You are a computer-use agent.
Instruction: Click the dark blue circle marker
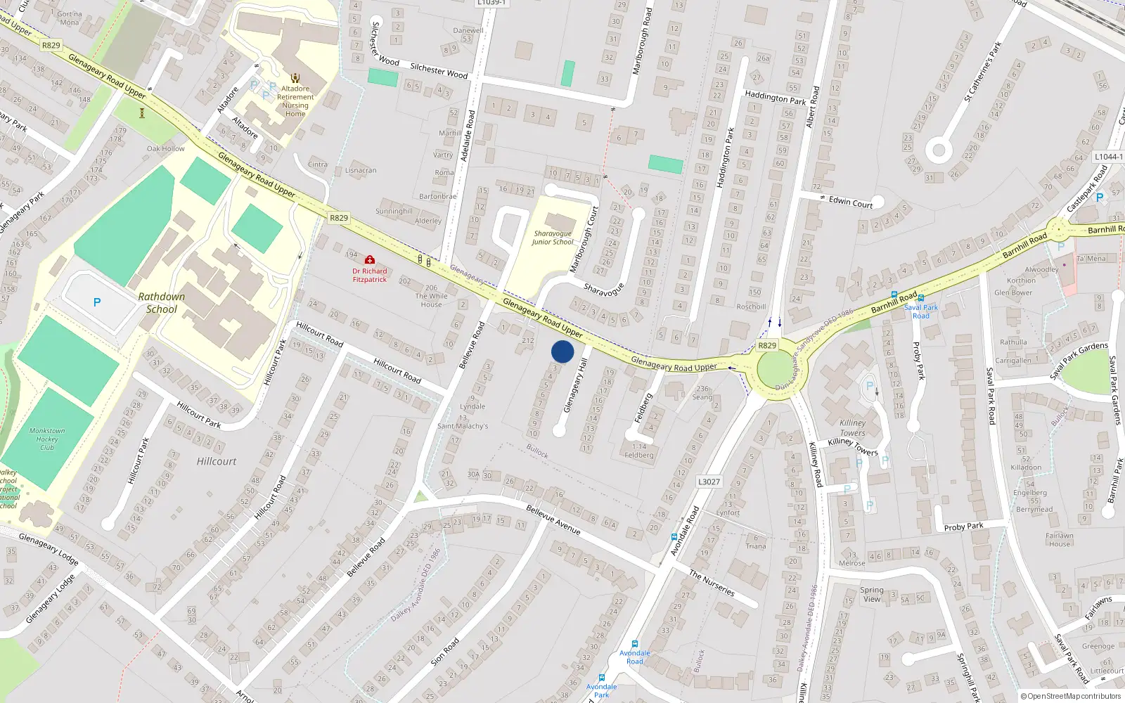pos(562,351)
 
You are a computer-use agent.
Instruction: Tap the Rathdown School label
pos(161,303)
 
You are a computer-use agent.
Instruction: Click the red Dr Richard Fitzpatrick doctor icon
pos(370,260)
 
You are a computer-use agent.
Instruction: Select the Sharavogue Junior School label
pos(552,238)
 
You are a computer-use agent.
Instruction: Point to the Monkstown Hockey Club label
pos(47,439)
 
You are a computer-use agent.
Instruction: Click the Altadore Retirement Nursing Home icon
pos(295,77)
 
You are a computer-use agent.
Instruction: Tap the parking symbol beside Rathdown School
pos(97,302)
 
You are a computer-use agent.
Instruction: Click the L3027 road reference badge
pos(709,482)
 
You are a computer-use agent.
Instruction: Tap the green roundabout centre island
pos(775,370)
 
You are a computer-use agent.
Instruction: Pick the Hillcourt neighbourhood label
pos(217,462)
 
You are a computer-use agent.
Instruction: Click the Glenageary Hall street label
pos(575,386)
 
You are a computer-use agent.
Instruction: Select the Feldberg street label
pos(643,408)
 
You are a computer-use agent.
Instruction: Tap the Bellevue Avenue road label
pos(553,520)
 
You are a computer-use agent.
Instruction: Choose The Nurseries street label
pos(712,583)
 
